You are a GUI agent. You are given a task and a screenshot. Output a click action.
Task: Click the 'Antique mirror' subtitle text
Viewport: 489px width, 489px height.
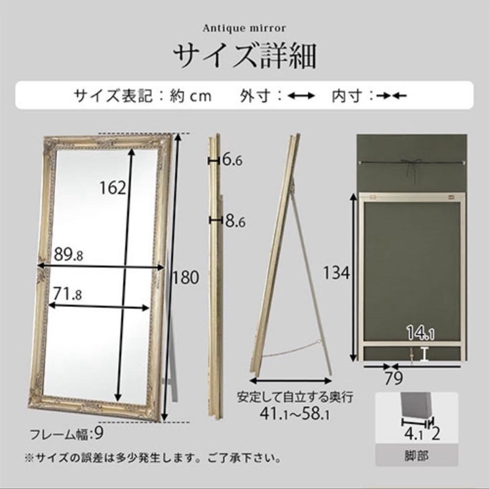pos(244,29)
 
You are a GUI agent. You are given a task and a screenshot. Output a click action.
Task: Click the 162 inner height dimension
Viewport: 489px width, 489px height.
pos(112,187)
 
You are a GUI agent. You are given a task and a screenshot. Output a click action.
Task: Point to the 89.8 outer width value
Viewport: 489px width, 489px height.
pos(68,255)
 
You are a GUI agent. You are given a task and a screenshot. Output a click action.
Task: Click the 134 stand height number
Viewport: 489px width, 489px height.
pos(337,273)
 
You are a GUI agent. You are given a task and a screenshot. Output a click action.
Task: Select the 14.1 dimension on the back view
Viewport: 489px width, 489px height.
pos(420,335)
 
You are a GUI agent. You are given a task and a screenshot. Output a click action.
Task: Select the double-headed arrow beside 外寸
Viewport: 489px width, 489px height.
pos(302,96)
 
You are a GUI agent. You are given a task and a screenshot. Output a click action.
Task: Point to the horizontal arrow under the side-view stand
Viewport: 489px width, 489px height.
pos(291,380)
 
